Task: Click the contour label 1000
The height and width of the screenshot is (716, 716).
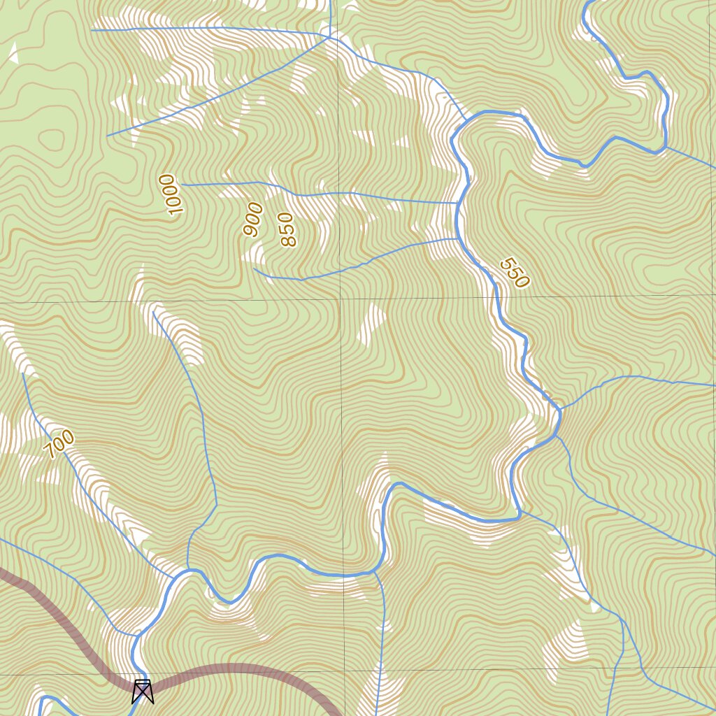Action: click(170, 195)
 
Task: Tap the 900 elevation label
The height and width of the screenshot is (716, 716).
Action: click(252, 219)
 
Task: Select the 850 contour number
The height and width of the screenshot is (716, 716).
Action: click(287, 230)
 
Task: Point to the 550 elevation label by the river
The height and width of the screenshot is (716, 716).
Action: click(515, 273)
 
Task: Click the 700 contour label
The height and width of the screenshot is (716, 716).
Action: click(59, 444)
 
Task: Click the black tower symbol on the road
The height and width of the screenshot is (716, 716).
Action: click(143, 692)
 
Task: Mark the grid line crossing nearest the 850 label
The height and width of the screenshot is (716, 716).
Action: click(341, 299)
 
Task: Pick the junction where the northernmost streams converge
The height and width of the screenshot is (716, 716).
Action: click(330, 37)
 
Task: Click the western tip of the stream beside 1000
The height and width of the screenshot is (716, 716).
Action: click(182, 185)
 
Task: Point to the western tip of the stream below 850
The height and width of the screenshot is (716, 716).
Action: click(254, 268)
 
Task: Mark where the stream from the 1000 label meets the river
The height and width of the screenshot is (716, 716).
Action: click(458, 203)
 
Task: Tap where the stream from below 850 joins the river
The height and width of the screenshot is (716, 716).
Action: click(458, 238)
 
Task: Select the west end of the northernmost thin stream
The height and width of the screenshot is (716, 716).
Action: click(92, 30)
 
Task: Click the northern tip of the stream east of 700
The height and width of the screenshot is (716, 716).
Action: click(152, 312)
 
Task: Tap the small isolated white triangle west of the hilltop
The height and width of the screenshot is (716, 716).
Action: click(12, 53)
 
